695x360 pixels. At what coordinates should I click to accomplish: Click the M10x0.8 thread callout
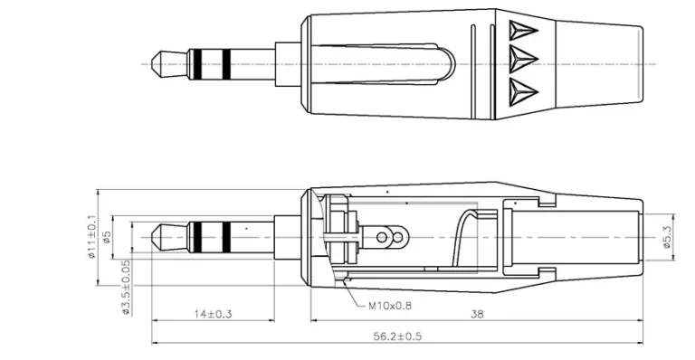click(x=390, y=305)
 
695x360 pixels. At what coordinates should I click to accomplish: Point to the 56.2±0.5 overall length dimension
click(x=399, y=336)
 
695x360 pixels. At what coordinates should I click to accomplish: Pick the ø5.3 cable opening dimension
click(x=667, y=236)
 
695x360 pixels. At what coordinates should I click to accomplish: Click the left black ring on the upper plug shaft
click(x=193, y=62)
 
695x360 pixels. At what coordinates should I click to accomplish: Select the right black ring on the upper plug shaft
click(x=225, y=62)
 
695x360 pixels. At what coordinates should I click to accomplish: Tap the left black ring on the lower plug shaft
click(x=193, y=236)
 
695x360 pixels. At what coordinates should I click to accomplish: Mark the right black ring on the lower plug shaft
click(x=225, y=236)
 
